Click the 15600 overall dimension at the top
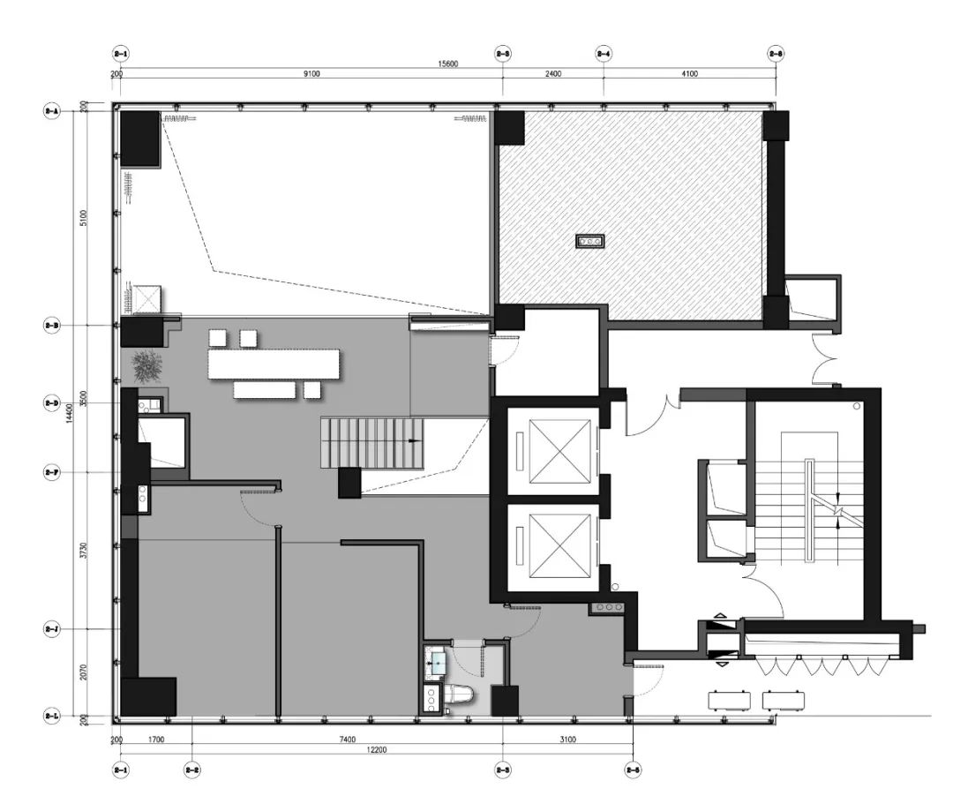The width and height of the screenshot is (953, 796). point(447,64)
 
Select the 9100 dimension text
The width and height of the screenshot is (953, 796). point(311,74)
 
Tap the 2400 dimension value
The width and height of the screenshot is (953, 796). point(553,74)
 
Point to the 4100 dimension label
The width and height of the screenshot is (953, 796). point(689,74)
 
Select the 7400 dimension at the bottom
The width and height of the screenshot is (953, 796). point(346,739)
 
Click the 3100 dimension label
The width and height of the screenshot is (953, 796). point(567,739)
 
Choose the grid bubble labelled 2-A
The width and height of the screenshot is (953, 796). point(51,111)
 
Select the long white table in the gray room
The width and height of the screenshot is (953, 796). point(274,363)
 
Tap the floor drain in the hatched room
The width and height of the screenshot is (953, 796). point(589,240)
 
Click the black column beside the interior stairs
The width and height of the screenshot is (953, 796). point(349,482)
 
